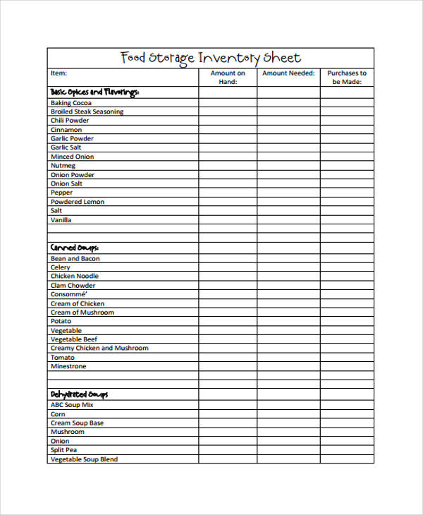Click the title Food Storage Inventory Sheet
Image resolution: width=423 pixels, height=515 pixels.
[x=210, y=58]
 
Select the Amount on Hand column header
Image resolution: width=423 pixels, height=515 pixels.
[x=227, y=77]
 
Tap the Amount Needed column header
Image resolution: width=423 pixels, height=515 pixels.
[x=288, y=73]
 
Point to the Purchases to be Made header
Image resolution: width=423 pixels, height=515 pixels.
[x=347, y=77]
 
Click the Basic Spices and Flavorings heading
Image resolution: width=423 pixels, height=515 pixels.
[x=94, y=92]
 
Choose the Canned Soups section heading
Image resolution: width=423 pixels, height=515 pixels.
[x=74, y=248]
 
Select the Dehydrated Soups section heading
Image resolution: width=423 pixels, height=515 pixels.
[x=79, y=394]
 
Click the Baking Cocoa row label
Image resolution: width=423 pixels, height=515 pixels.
[x=70, y=103]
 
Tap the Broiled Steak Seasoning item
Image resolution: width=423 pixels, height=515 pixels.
[x=87, y=111]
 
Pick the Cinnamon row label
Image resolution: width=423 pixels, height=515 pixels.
[x=66, y=130]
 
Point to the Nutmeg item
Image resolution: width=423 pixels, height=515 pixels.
[x=63, y=166]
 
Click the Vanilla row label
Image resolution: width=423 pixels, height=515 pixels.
[x=61, y=220]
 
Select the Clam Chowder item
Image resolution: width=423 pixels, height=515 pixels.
[x=73, y=286]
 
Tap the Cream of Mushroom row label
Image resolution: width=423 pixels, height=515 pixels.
[x=82, y=313]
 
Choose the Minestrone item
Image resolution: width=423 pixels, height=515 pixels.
[x=68, y=367]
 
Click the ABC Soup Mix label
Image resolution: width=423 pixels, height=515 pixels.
[x=72, y=405]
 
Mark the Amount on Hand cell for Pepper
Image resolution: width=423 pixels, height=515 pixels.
[x=227, y=193]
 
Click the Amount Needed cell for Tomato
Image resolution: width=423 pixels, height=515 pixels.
[x=288, y=358]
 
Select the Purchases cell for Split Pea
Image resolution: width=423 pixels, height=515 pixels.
[x=347, y=450]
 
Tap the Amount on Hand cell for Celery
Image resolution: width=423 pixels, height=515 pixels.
[x=227, y=267]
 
